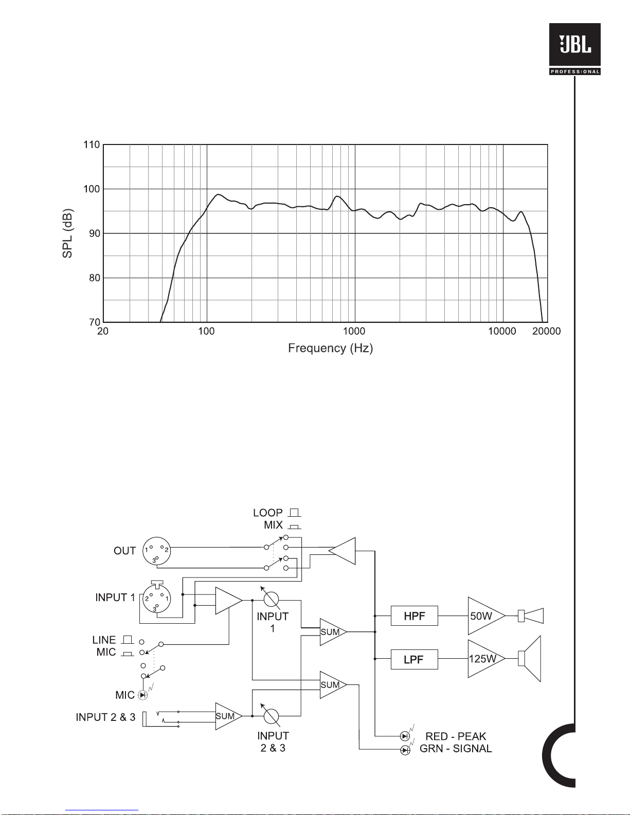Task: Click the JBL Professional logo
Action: click(574, 49)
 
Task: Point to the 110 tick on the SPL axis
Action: click(92, 145)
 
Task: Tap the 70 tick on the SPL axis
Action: click(95, 322)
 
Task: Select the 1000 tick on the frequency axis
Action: click(354, 331)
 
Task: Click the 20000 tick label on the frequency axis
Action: click(546, 331)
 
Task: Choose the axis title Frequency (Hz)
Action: click(330, 348)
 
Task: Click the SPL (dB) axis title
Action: click(67, 233)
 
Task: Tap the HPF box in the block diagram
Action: click(415, 615)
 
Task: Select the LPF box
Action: click(415, 659)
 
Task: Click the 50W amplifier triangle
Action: click(486, 615)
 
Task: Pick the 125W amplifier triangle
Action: click(486, 659)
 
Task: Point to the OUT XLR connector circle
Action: click(157, 551)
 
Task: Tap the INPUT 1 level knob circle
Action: click(271, 600)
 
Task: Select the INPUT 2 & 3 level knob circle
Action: click(271, 716)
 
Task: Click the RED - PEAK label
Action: click(456, 736)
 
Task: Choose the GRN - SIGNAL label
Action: click(456, 749)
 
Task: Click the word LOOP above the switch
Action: click(268, 513)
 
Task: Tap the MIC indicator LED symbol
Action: click(143, 695)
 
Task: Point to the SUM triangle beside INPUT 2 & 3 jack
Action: click(228, 716)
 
